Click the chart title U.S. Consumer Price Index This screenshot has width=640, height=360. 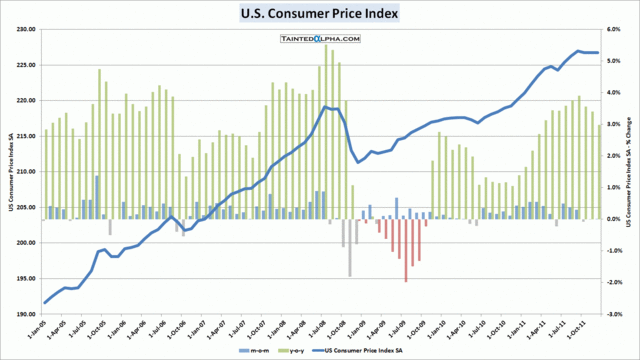click(x=319, y=14)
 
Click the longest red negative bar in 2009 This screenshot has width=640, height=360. click(x=405, y=250)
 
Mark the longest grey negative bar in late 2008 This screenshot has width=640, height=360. click(x=350, y=247)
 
